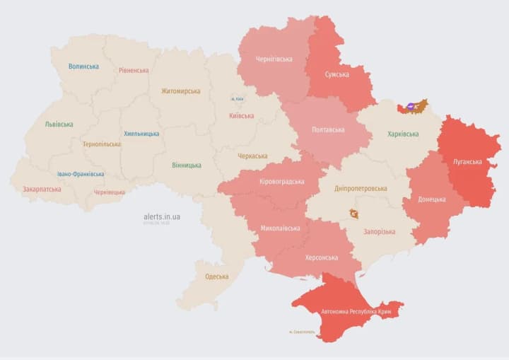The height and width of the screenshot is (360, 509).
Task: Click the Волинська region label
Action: click(x=83, y=66)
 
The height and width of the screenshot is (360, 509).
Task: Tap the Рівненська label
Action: click(x=134, y=70)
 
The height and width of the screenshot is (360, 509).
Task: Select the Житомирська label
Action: click(x=180, y=91)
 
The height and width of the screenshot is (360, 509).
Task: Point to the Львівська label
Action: click(x=59, y=124)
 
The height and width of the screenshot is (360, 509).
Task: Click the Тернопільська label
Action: click(x=101, y=144)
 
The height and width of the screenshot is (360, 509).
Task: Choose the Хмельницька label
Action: click(x=141, y=134)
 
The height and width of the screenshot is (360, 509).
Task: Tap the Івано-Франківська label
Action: click(x=81, y=174)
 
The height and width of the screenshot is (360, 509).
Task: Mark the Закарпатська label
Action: click(x=42, y=190)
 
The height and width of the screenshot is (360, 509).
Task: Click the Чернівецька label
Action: click(x=110, y=192)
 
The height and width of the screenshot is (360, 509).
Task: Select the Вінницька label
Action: click(x=186, y=166)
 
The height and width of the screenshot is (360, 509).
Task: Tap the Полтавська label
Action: click(x=328, y=130)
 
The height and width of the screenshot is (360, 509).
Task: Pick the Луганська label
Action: click(x=467, y=161)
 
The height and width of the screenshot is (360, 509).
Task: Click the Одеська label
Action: click(x=216, y=277)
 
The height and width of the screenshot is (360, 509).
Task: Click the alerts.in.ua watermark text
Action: click(x=161, y=216)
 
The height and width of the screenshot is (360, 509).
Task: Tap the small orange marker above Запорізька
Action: click(x=353, y=214)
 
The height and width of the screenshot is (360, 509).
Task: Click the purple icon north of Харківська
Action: click(x=411, y=107)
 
